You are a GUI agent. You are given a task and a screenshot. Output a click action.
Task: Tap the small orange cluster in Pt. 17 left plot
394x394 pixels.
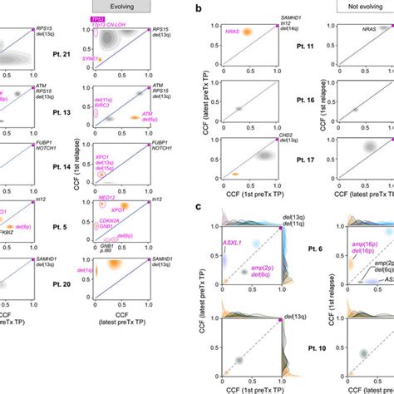tap(234, 174)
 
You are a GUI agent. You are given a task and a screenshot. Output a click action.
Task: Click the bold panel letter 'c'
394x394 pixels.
tap(195, 207)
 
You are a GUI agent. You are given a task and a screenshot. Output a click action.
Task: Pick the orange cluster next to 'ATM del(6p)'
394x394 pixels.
tap(136, 119)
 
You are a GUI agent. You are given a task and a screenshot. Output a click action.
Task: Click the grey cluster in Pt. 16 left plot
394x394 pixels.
tap(239, 108)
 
